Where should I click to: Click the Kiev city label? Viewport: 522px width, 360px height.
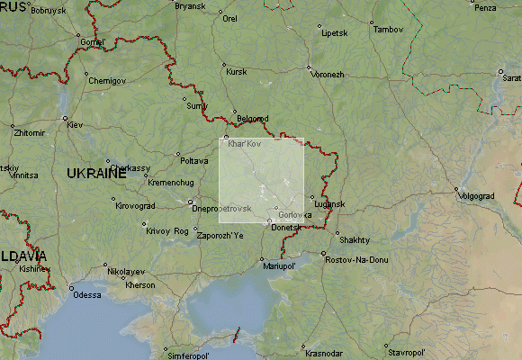click(x=75, y=124)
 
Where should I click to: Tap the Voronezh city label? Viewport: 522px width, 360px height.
click(x=328, y=74)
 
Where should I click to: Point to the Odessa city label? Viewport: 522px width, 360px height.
click(x=87, y=294)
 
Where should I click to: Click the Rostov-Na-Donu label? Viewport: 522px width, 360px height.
click(x=357, y=259)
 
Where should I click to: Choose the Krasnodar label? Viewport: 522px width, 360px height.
click(x=323, y=352)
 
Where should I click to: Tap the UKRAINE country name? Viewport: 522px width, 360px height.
click(x=95, y=173)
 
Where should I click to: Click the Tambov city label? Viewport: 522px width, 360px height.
click(x=389, y=29)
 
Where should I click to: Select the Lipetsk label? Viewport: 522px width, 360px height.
click(x=334, y=33)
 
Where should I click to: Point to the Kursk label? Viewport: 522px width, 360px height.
click(x=237, y=71)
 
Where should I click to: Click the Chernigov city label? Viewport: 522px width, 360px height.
click(x=107, y=80)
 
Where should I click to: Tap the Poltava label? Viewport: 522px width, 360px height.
click(x=194, y=160)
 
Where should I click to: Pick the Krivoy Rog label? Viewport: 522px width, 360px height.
click(x=167, y=231)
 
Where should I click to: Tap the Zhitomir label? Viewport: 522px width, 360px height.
click(x=29, y=132)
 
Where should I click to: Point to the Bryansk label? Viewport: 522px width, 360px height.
click(x=190, y=6)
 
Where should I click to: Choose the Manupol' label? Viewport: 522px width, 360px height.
click(x=279, y=266)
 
